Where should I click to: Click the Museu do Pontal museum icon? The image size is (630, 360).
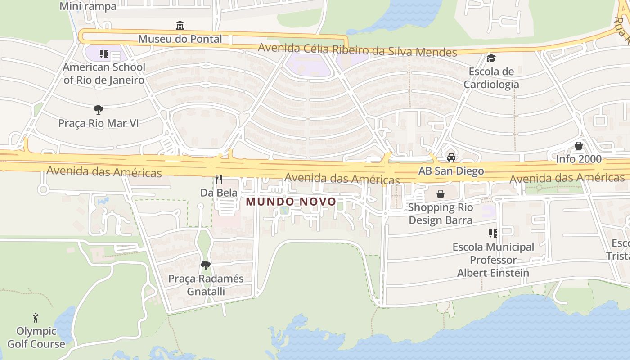180,25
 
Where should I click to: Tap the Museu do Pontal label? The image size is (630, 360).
180,39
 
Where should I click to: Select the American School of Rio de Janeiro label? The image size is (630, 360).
104,74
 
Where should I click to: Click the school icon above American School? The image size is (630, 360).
104,54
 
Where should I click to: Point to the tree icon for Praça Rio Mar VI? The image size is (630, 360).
98,109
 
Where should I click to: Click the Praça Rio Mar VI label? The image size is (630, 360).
99,123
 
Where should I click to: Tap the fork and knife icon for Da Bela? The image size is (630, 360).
219,180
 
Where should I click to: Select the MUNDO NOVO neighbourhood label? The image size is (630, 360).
291,202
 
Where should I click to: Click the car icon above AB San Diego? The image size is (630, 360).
451,157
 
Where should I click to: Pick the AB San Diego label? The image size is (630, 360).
451,171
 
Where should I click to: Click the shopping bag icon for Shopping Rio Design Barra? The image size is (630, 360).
440,194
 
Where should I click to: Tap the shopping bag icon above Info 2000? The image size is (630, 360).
579,146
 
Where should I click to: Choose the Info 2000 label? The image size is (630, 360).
579,159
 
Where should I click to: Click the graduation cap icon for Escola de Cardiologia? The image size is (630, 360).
491,58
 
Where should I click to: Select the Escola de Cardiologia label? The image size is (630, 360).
491,78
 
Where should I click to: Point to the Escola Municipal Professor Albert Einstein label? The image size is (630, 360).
493,260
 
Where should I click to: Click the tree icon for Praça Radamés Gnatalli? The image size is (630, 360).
206,265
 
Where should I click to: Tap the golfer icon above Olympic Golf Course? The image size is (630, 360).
36,318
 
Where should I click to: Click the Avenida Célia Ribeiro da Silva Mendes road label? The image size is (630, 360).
357,50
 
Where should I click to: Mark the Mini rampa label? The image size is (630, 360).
88,6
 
